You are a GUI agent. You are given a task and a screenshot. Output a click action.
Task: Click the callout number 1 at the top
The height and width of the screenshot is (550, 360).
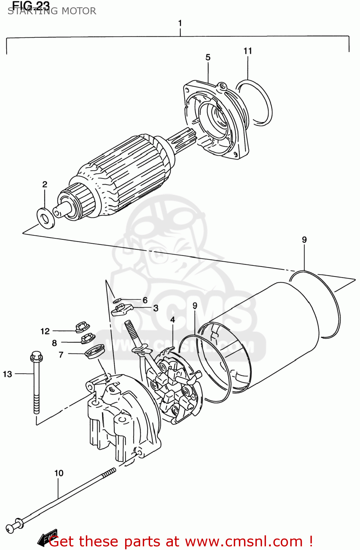point(180,23)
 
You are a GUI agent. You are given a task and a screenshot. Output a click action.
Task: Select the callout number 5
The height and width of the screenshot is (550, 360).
point(208,58)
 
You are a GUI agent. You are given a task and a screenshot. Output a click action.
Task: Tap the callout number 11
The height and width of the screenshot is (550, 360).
point(248,51)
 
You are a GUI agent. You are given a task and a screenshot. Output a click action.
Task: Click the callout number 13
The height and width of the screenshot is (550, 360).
point(7,374)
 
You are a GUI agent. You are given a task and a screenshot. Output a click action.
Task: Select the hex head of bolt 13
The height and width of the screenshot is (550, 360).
point(36,356)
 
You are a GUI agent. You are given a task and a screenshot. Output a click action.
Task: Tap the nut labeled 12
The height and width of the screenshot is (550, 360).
point(83,326)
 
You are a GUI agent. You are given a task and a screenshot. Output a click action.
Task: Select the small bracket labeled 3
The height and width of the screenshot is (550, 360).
point(121,309)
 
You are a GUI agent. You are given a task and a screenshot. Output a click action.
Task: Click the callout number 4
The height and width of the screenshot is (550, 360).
point(172,320)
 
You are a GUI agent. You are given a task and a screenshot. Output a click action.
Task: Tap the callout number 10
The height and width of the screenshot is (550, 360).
point(59,473)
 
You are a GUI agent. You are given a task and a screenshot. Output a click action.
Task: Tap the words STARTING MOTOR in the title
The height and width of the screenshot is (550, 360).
point(52,11)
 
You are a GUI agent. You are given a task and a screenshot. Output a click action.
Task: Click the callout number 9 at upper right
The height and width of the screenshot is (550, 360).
point(304,240)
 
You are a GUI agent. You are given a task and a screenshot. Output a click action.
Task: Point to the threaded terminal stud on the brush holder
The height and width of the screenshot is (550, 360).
point(131,332)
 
